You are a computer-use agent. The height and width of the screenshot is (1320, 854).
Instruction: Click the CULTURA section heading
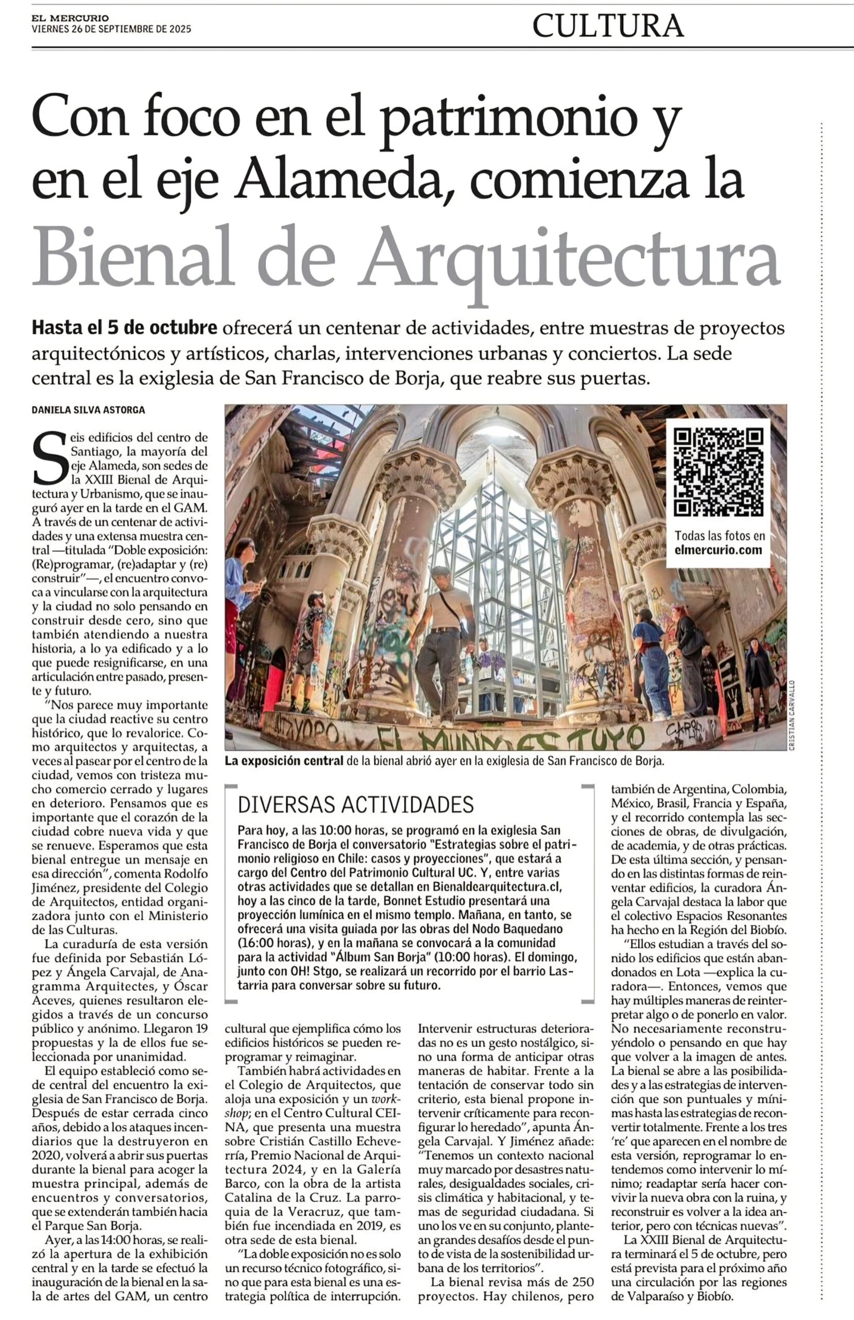click(608, 25)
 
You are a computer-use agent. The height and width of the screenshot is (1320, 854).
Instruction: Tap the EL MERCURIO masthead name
click(70, 18)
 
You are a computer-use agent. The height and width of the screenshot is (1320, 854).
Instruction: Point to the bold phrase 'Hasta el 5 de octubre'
click(124, 328)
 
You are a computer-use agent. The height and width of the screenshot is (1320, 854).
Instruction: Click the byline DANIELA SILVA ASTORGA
click(88, 410)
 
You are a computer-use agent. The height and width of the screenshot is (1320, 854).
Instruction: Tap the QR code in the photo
click(718, 472)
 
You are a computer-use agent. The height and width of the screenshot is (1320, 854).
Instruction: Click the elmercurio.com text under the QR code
click(718, 550)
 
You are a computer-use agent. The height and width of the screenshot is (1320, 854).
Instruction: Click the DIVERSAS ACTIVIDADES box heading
click(355, 804)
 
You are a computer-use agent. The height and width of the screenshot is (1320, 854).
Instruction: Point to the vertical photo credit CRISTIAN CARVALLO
click(792, 716)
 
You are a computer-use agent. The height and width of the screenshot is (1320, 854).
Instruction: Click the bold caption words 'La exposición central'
click(284, 761)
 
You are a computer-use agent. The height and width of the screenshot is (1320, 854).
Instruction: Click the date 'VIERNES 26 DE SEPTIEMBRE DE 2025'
click(111, 29)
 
